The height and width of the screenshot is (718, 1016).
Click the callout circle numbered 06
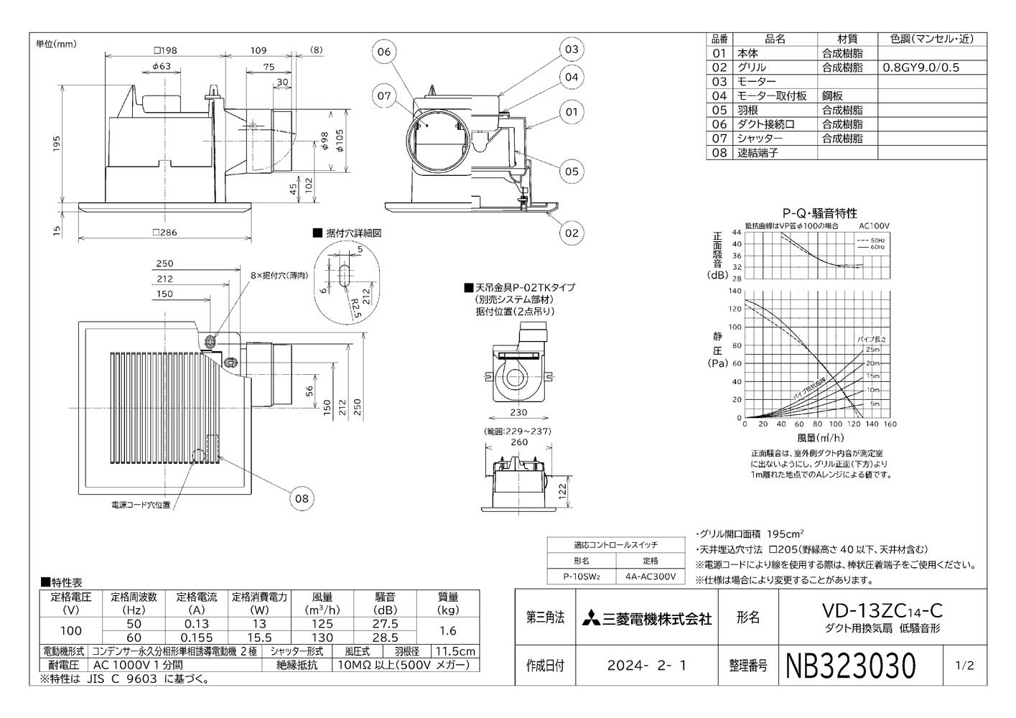point(384,52)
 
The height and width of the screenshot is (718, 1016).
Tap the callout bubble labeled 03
point(571,50)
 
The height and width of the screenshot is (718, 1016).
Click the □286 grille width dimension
point(164,233)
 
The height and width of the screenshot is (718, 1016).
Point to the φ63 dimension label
point(161,67)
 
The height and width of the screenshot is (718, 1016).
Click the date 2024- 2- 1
point(646,666)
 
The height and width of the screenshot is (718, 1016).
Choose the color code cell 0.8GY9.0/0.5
point(921,67)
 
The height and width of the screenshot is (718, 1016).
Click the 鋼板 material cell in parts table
point(833,95)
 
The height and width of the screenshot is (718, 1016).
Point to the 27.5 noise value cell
point(386,624)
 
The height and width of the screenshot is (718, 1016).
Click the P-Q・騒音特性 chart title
point(819,213)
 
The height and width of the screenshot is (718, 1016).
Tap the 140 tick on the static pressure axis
point(735,291)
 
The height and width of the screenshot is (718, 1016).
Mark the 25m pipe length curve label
point(872,349)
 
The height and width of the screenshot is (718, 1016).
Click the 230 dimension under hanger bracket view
point(518,412)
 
